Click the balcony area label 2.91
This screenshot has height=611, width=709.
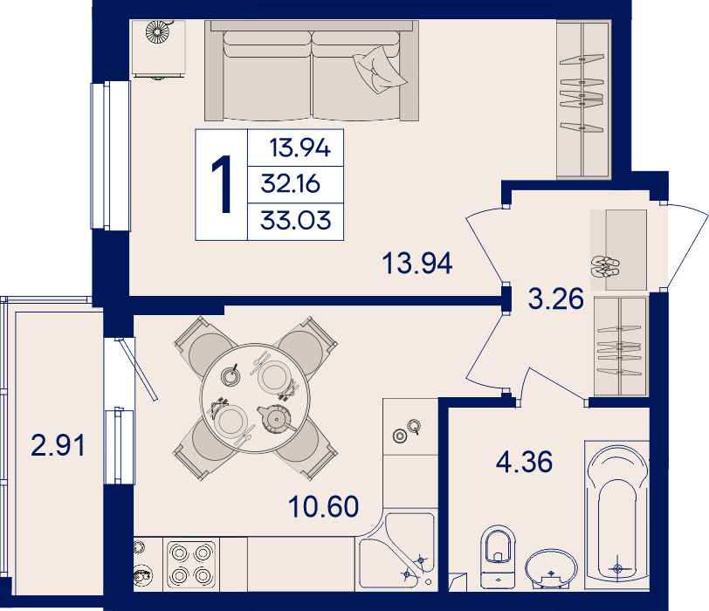(58, 445)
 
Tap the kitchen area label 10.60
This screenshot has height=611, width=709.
(323, 506)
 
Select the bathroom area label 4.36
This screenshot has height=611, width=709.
(524, 462)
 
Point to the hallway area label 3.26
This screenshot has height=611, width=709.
(555, 299)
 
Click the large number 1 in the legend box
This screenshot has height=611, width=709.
(222, 184)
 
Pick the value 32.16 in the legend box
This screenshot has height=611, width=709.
(290, 184)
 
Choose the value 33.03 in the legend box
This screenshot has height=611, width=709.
(296, 221)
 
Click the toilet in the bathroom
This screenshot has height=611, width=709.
(499, 556)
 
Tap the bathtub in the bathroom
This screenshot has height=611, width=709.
(616, 515)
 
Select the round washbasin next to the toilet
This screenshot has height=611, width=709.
(551, 568)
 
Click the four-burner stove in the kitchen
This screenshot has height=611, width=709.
(191, 565)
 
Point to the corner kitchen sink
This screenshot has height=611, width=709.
(397, 552)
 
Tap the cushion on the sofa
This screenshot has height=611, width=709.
(379, 70)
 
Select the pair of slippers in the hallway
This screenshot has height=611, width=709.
(605, 266)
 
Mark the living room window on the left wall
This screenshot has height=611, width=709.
(111, 155)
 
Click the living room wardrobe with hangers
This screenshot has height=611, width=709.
(583, 99)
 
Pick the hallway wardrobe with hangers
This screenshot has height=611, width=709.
(620, 347)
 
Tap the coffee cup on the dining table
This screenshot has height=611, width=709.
(231, 375)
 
